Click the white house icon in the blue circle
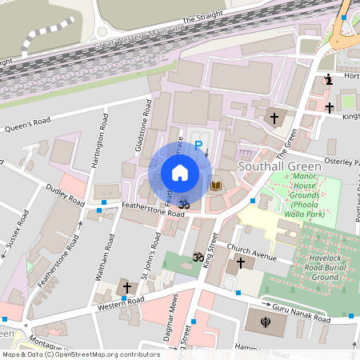(180, 173)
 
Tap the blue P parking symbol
(198, 146)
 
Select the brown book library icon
(215, 186)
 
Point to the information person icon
(329, 78)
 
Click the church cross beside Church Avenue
(241, 262)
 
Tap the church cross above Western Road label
(127, 287)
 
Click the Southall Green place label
(279, 166)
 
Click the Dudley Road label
(65, 197)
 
